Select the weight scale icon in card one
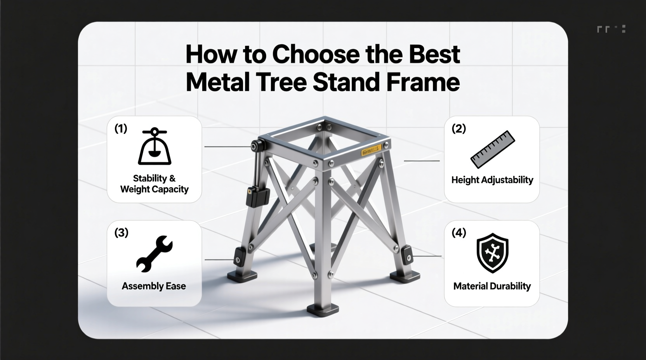point(155,146)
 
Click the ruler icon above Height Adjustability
point(493,149)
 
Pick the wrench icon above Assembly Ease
point(154,253)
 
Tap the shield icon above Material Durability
point(492,253)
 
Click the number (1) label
point(121,128)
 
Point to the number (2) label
point(458,128)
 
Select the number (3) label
point(121,233)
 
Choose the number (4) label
point(458,233)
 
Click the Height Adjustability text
point(492,180)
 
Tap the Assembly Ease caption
point(154,286)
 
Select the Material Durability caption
point(492,286)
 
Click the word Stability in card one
point(150,178)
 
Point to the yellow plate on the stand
point(371,151)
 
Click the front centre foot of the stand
point(323,309)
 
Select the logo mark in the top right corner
point(611,29)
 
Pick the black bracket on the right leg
point(407,255)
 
